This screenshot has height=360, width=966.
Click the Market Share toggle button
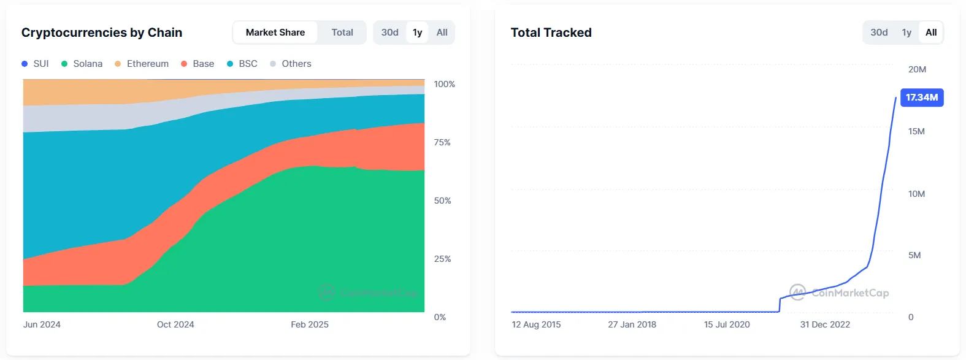[x=275, y=33]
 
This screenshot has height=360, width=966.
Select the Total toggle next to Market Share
[x=342, y=33]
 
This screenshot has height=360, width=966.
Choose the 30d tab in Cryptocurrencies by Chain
[x=389, y=33]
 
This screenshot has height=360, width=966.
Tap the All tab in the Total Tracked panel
[x=931, y=33]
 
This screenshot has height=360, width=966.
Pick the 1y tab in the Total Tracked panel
[x=907, y=33]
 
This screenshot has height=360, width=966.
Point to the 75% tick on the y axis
[x=442, y=142]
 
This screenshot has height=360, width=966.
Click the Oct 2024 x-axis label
[x=175, y=324]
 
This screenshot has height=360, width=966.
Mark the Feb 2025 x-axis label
[x=310, y=324]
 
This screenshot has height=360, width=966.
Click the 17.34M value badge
[x=922, y=98]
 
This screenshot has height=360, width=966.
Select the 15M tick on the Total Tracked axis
[x=916, y=131]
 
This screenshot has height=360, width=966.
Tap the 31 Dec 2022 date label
[x=825, y=324]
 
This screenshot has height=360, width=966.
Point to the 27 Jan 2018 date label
[x=632, y=324]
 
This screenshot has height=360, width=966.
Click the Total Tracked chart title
[x=551, y=33]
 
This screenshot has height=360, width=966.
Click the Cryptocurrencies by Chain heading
[x=102, y=33]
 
